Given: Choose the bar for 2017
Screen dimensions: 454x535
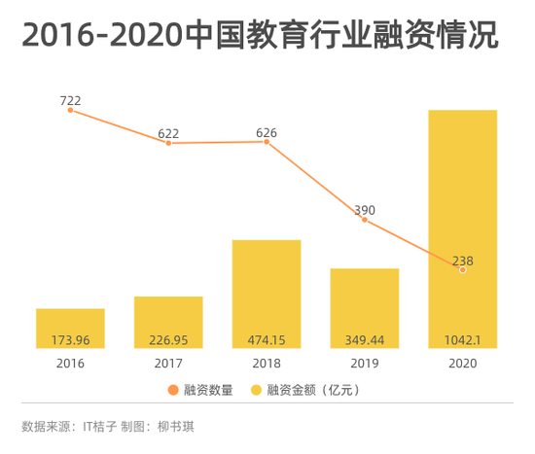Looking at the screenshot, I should [168, 322].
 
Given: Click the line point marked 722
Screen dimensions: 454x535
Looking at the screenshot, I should [70, 110].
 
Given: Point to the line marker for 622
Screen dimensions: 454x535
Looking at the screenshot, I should [168, 143].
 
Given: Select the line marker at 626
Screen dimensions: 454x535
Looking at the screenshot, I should [267, 142].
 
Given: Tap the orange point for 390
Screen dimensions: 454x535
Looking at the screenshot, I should [365, 220].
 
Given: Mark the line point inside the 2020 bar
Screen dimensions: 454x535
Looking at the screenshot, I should [463, 269].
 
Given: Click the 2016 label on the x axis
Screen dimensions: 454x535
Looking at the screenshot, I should [70, 363].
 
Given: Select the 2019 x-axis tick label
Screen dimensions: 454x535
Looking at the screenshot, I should [365, 363].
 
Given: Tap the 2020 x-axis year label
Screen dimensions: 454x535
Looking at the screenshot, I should [463, 363].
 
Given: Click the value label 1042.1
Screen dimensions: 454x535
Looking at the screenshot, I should [463, 339].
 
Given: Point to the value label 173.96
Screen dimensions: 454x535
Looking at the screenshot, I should [70, 339].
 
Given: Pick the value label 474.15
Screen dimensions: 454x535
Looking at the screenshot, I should [267, 339].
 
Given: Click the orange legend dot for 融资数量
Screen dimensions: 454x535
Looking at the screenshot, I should [173, 390].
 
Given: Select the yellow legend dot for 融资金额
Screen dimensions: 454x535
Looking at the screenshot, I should [258, 390].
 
